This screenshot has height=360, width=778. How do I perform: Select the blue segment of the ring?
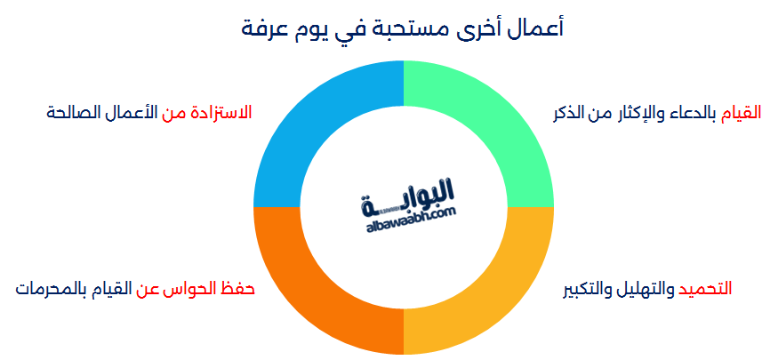[x=311, y=124]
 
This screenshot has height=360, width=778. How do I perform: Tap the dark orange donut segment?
[x=311, y=293]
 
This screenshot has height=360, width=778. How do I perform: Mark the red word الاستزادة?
[x=219, y=113]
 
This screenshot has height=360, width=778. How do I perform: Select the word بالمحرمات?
[x=49, y=289]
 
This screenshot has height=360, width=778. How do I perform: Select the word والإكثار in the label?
[x=632, y=113]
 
